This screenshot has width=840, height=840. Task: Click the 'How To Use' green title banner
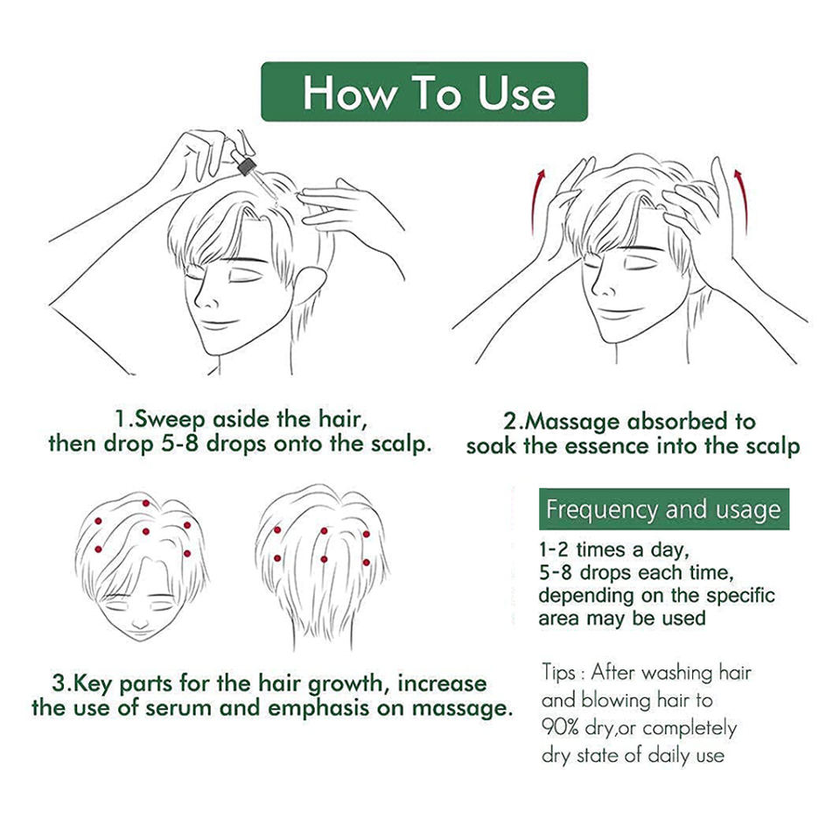pyautogui.click(x=424, y=92)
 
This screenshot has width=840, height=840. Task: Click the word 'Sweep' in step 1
pyautogui.click(x=169, y=420)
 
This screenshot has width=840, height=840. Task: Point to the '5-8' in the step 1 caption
pyautogui.click(x=179, y=444)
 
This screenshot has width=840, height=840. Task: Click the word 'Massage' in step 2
pyautogui.click(x=571, y=422)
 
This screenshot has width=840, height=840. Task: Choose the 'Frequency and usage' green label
pyautogui.click(x=664, y=509)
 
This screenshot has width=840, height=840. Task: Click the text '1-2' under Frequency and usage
pyautogui.click(x=553, y=550)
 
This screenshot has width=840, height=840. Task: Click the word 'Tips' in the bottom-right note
pyautogui.click(x=559, y=673)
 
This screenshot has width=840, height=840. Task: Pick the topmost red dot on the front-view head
pyautogui.click(x=146, y=503)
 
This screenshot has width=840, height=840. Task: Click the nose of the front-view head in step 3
pyautogui.click(x=140, y=623)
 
